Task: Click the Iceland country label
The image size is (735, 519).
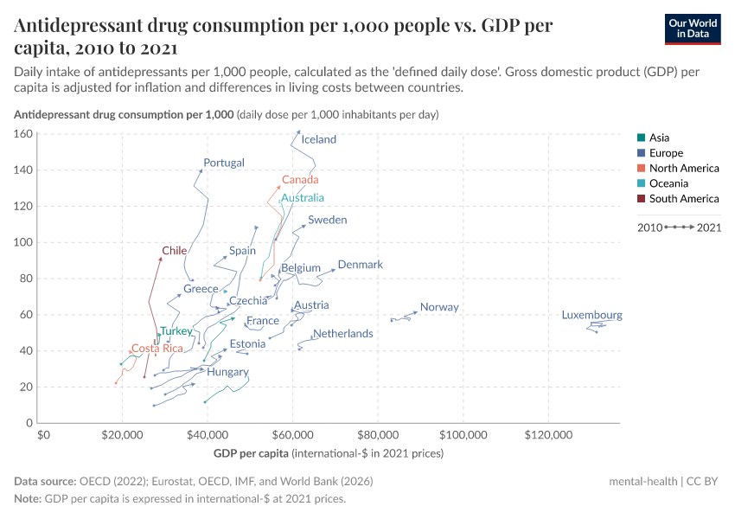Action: pyautogui.click(x=319, y=139)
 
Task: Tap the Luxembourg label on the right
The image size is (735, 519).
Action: pyautogui.click(x=591, y=315)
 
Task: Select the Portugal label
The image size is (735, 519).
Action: pyautogui.click(x=224, y=163)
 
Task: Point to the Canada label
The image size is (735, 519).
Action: pyautogui.click(x=300, y=180)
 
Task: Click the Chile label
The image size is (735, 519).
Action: pyautogui.click(x=175, y=251)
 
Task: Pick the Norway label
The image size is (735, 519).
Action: pyautogui.click(x=439, y=307)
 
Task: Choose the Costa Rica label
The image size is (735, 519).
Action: pyautogui.click(x=157, y=349)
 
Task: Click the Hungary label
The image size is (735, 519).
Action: pyautogui.click(x=227, y=372)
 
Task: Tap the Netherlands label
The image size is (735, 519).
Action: pyautogui.click(x=343, y=333)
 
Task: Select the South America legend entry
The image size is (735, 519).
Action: pyautogui.click(x=683, y=199)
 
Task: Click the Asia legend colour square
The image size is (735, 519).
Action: pyautogui.click(x=640, y=138)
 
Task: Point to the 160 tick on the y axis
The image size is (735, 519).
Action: pyautogui.click(x=22, y=134)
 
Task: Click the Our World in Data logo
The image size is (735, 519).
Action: pyautogui.click(x=693, y=29)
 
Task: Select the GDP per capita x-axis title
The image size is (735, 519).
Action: pyautogui.click(x=251, y=453)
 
